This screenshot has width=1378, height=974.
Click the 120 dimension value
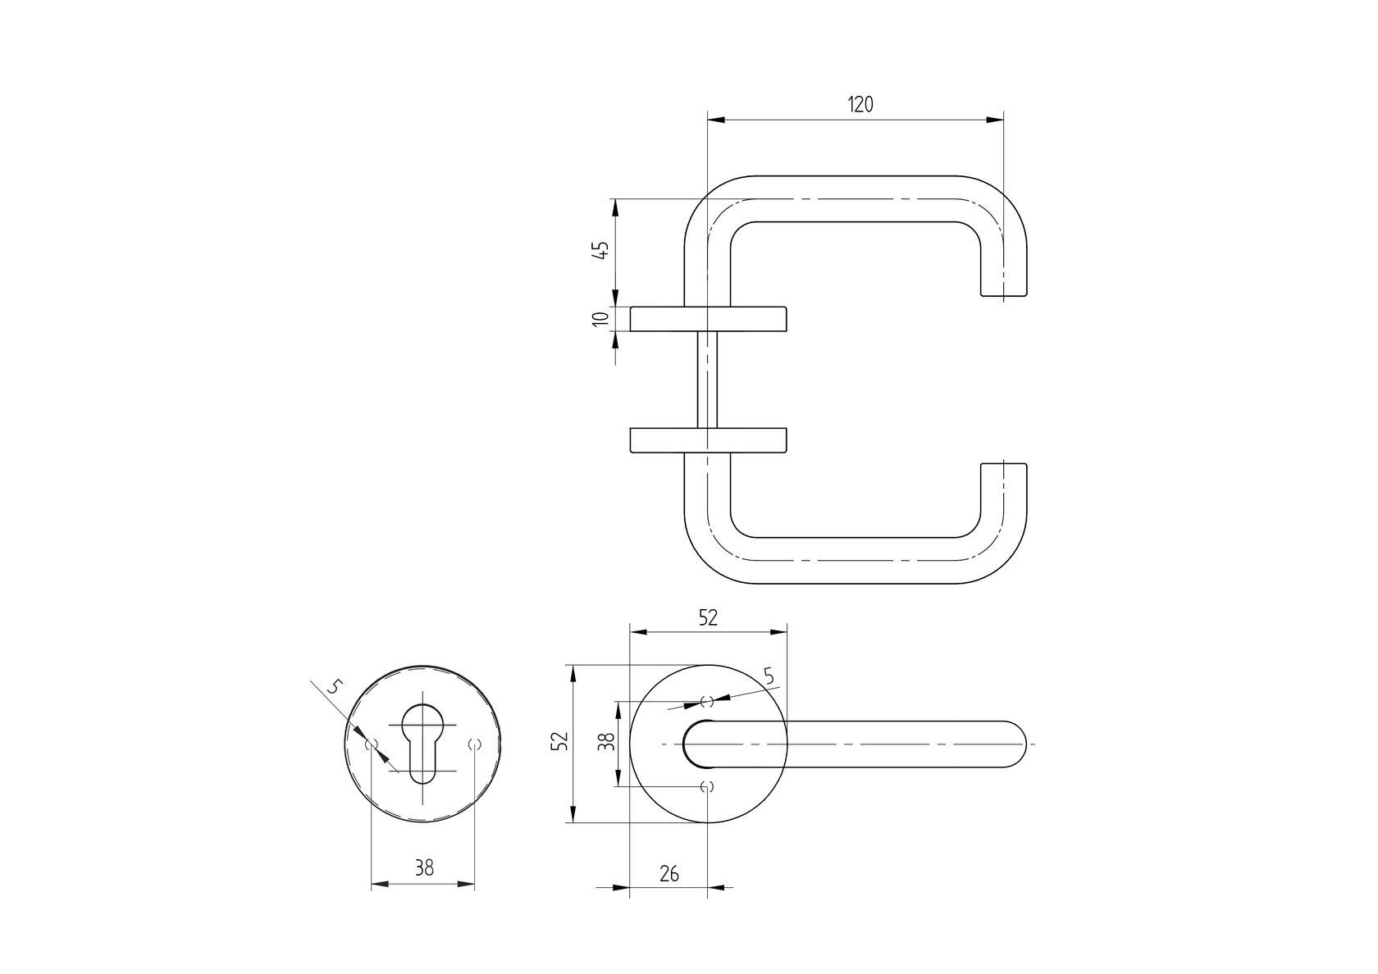pyautogui.click(x=860, y=104)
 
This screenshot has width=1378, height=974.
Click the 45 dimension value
pyautogui.click(x=600, y=250)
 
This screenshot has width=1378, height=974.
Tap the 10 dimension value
pyautogui.click(x=600, y=319)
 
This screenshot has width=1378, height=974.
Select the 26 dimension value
pyautogui.click(x=669, y=874)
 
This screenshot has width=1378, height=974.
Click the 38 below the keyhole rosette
pyautogui.click(x=423, y=868)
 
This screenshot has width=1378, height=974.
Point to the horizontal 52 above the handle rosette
pyautogui.click(x=708, y=619)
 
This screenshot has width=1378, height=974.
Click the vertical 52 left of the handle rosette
pyautogui.click(x=559, y=742)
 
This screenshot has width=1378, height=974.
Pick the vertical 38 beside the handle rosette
pyautogui.click(x=605, y=743)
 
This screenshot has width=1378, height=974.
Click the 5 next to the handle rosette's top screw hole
pyautogui.click(x=769, y=676)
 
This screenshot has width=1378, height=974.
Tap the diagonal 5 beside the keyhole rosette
pyautogui.click(x=332, y=687)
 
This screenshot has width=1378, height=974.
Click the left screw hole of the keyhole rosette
pyautogui.click(x=372, y=744)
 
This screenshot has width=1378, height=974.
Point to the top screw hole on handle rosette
pyautogui.click(x=707, y=702)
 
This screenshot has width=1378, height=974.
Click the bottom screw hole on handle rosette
pyautogui.click(x=707, y=787)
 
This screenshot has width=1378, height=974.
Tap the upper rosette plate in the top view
pyautogui.click(x=709, y=319)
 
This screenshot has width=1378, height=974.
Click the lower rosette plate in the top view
pyautogui.click(x=709, y=440)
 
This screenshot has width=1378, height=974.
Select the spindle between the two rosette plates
pyautogui.click(x=707, y=380)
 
